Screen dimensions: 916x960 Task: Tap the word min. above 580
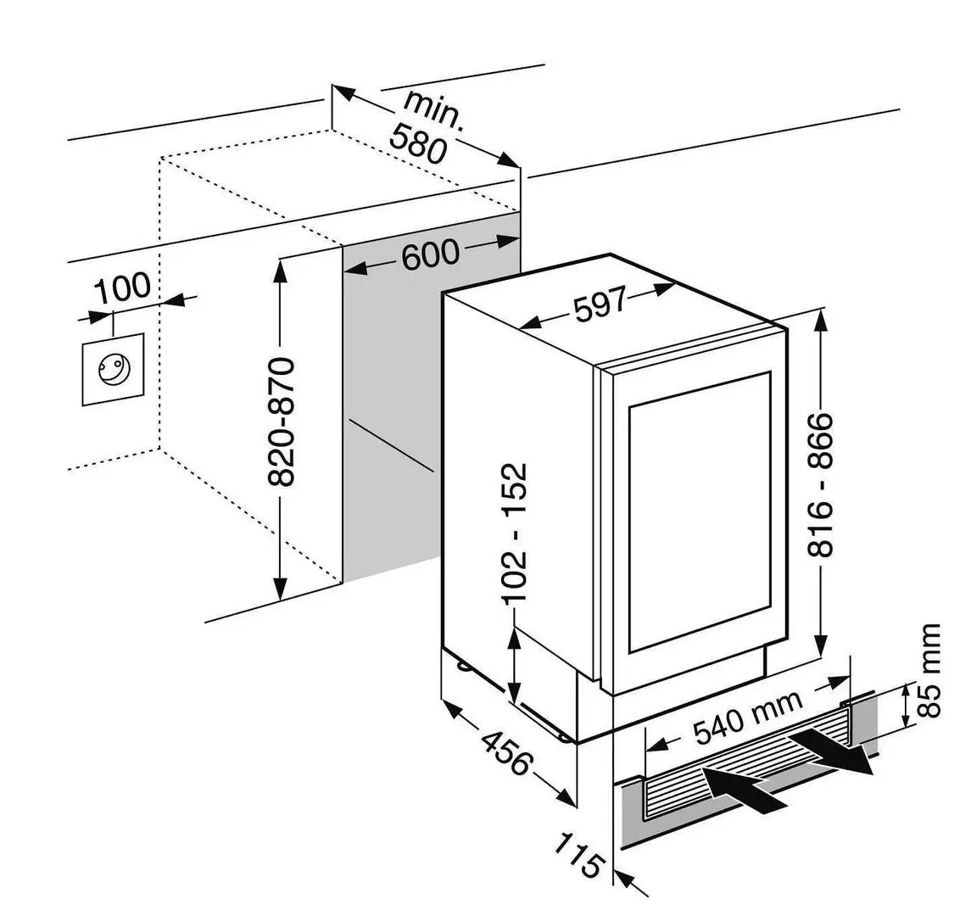pos(433,109)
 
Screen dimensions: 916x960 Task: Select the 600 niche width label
pos(430,254)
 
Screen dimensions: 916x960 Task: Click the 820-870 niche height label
pos(282,422)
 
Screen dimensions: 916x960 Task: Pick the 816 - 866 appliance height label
pos(820,484)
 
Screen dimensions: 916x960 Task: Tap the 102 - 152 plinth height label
pos(516,533)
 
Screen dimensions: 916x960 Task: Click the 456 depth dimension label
pos(505,752)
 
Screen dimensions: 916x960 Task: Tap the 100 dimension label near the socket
pos(122,288)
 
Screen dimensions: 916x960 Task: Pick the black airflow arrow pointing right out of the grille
pos(832,753)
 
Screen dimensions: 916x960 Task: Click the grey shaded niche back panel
pos(390,407)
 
